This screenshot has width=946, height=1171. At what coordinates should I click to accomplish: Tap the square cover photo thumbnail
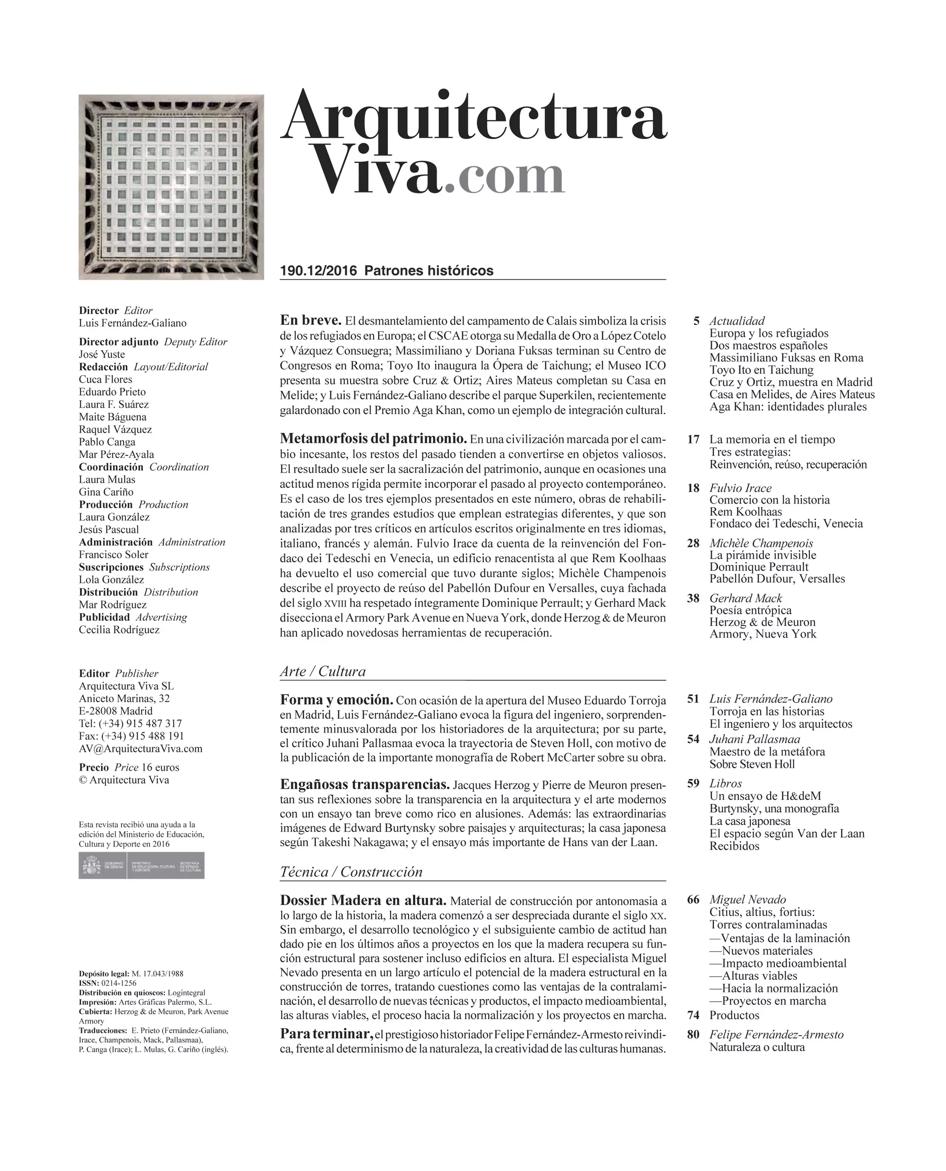point(171,187)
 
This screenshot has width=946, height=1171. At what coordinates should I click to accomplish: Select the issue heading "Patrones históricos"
point(429,271)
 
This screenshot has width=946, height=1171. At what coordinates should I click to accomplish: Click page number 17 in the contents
point(692,440)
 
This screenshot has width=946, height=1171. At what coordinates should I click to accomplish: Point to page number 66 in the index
point(692,899)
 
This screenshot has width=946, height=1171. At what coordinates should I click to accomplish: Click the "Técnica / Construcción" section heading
point(351,872)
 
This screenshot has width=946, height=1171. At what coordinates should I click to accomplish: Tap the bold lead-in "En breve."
point(310,320)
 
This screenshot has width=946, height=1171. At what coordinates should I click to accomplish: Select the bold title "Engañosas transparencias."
point(365,784)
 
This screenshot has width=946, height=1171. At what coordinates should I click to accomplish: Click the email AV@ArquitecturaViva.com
point(140,748)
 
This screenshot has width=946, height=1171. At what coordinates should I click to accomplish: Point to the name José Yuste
point(102,354)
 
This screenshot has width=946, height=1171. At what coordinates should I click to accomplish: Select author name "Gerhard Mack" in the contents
point(745,598)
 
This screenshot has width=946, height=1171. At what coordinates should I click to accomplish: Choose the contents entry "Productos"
point(734,1015)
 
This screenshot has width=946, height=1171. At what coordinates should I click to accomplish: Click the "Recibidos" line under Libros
point(734,846)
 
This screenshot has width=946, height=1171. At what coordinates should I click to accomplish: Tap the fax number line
point(131,736)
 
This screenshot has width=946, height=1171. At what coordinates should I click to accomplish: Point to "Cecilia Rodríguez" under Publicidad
point(119,630)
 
